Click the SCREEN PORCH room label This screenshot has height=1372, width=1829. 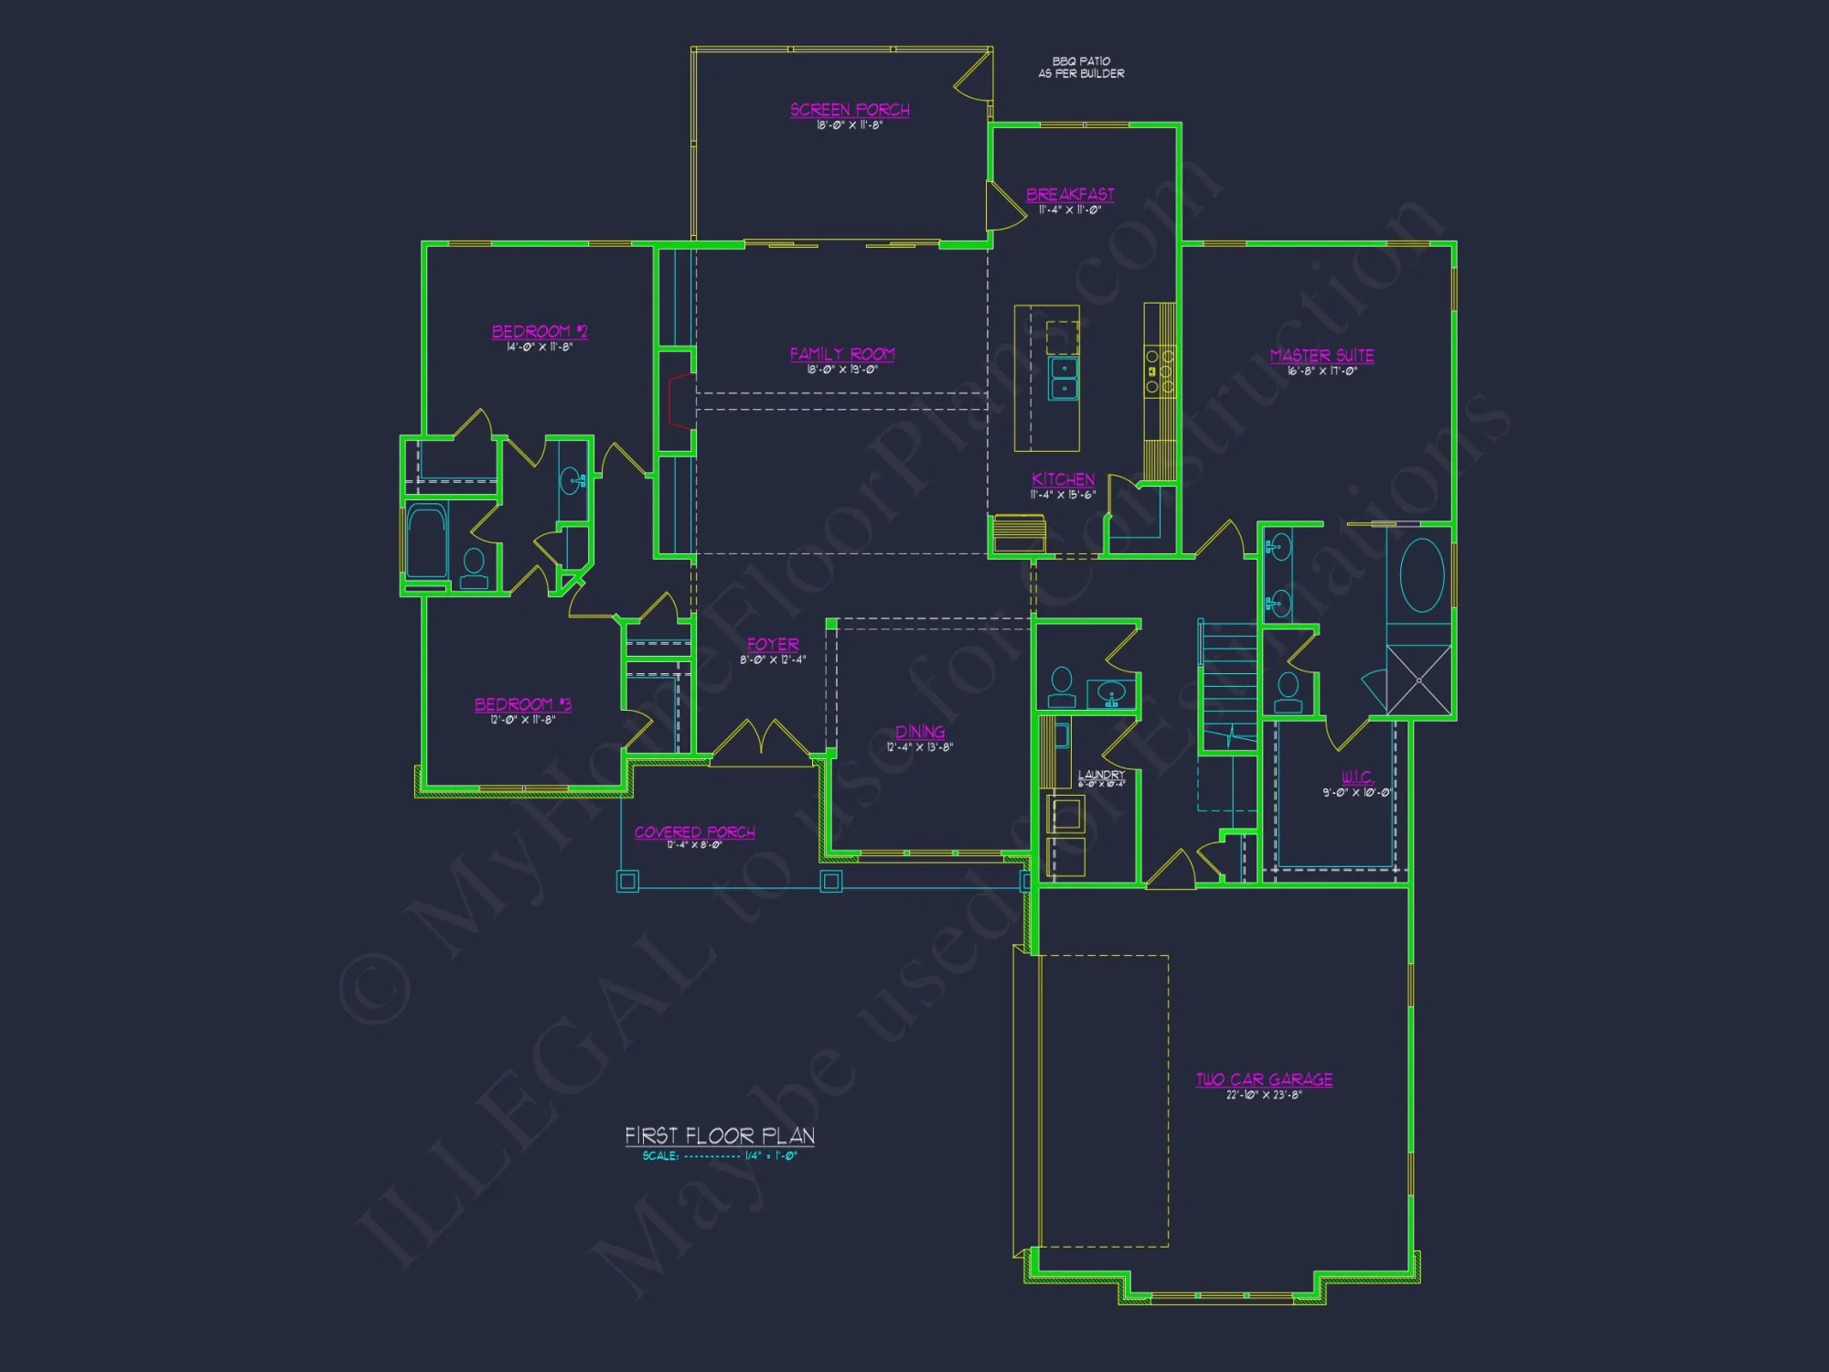pyautogui.click(x=850, y=110)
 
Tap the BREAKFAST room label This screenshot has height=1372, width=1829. pyautogui.click(x=1070, y=195)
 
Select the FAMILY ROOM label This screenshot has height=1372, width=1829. pyautogui.click(x=842, y=354)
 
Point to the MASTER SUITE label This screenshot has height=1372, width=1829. pyautogui.click(x=1321, y=356)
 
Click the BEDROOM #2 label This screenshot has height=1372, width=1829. pyautogui.click(x=540, y=331)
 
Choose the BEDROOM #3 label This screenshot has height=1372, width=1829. pyautogui.click(x=522, y=704)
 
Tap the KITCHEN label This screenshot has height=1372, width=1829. pyautogui.click(x=1063, y=479)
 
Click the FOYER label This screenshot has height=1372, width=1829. pyautogui.click(x=773, y=644)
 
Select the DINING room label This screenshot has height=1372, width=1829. pyautogui.click(x=920, y=732)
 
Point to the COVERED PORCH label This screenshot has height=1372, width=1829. pyautogui.click(x=694, y=832)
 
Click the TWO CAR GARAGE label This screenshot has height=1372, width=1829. pyautogui.click(x=1264, y=1079)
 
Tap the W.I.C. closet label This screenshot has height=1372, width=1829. pyautogui.click(x=1357, y=777)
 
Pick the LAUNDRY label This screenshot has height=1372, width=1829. pyautogui.click(x=1101, y=775)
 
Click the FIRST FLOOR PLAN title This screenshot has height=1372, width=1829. pyautogui.click(x=720, y=1136)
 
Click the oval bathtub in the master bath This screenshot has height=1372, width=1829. pyautogui.click(x=1421, y=576)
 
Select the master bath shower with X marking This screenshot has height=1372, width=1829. pyautogui.click(x=1418, y=680)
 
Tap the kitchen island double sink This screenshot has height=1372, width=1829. pyautogui.click(x=1064, y=379)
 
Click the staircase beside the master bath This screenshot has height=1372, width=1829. pyautogui.click(x=1228, y=686)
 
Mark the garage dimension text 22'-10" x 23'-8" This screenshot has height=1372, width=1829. pyautogui.click(x=1264, y=1095)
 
